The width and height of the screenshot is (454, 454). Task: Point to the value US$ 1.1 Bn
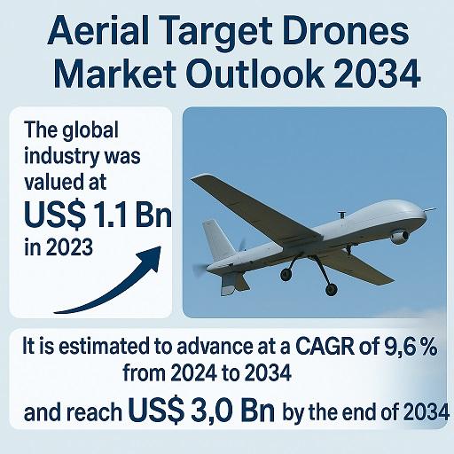pyautogui.click(x=98, y=215)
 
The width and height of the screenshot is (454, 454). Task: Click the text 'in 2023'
pyautogui.click(x=59, y=247)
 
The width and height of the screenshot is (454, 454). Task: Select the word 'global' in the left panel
pyautogui.click(x=90, y=130)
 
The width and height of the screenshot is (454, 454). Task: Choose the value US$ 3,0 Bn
pyautogui.click(x=201, y=411)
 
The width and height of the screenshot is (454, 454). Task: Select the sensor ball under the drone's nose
pyautogui.click(x=400, y=237)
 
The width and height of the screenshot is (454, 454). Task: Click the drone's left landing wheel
pyautogui.click(x=286, y=275)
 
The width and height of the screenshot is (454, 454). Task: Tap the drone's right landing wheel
pyautogui.click(x=331, y=290)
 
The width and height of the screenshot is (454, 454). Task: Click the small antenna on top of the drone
pyautogui.click(x=342, y=215)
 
